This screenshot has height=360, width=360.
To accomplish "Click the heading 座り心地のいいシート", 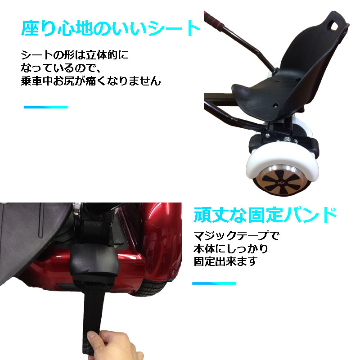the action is [x=111, y=28].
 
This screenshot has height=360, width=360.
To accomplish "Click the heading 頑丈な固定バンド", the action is [x=265, y=215].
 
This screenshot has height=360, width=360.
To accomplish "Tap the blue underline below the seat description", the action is [x=46, y=107].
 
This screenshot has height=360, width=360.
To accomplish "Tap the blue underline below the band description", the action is [x=214, y=283].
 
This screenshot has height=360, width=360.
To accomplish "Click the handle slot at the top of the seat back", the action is [x=334, y=25].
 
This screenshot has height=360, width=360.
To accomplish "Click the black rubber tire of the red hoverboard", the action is [x=150, y=288].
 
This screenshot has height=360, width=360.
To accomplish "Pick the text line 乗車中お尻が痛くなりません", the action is [x=91, y=81].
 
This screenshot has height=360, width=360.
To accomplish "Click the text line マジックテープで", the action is [x=236, y=235].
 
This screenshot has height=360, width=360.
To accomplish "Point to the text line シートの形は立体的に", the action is [x=74, y=54].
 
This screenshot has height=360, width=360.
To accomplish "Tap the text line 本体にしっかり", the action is [x=231, y=248].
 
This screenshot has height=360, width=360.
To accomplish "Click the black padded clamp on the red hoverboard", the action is [x=95, y=262].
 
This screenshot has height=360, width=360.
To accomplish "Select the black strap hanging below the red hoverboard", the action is [x=93, y=317].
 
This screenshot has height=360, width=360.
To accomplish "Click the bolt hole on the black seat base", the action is [x=276, y=106].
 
